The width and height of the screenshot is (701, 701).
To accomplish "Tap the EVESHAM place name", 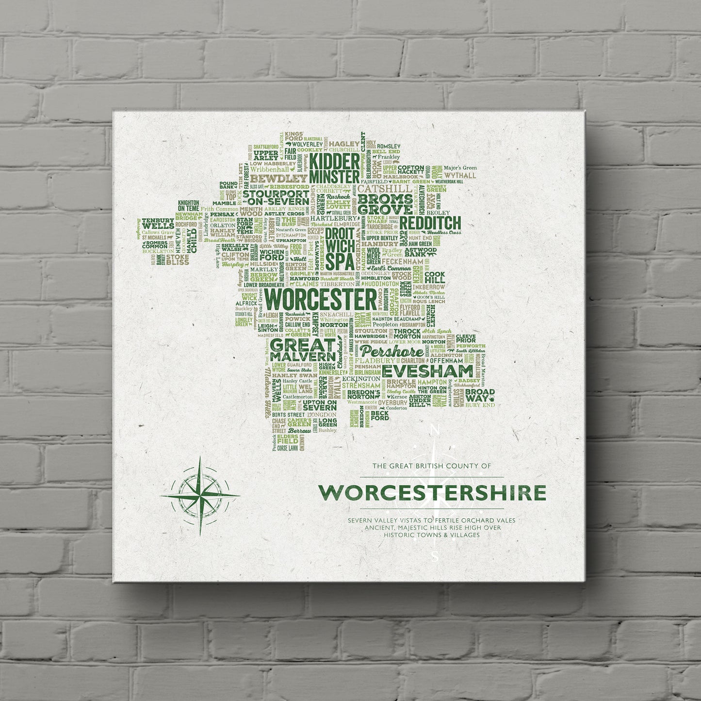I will [x=427, y=371].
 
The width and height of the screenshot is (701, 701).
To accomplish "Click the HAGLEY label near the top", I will [x=344, y=144].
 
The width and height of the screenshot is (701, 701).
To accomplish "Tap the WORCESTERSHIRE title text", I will [x=432, y=493].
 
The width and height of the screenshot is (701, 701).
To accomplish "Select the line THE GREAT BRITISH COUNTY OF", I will [x=432, y=466].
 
